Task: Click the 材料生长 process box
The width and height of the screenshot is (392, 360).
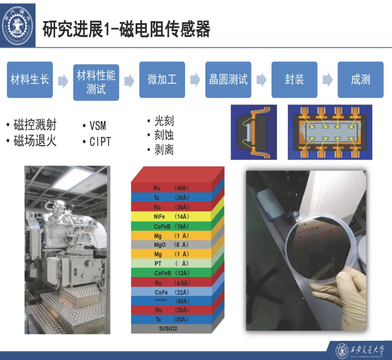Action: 30,80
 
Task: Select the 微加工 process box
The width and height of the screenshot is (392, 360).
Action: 162,80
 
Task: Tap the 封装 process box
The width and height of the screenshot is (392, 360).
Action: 294,80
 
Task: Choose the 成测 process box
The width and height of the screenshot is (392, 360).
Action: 360,80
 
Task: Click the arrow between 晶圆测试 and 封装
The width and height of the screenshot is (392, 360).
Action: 261,80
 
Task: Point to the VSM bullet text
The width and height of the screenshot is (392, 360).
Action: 98,125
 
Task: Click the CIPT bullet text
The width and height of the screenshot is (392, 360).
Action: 100,141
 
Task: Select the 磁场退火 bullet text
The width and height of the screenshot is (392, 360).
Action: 35,141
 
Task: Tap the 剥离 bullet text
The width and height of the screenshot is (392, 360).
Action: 164,149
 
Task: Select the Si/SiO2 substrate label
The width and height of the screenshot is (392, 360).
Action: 168,328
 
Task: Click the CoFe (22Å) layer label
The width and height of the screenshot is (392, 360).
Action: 172,292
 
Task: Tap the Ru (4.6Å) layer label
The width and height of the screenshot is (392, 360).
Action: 172,283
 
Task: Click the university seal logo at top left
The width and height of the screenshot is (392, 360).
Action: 17,25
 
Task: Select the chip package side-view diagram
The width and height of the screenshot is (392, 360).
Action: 254,132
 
